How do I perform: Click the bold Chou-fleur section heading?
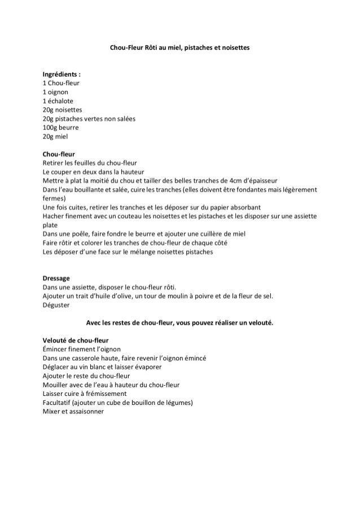[x=59, y=154]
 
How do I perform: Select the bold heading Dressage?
[x=56, y=278]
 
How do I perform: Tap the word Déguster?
[x=56, y=306]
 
